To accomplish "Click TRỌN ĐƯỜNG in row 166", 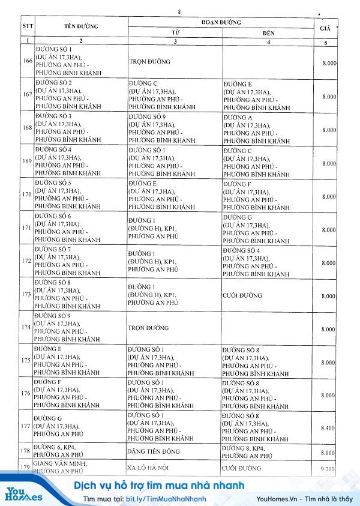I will tap(149, 62).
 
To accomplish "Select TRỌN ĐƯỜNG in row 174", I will tap(149, 328).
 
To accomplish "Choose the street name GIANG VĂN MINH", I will tap(61, 465).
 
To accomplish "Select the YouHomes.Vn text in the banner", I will tap(277, 499).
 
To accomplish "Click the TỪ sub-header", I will tap(175, 32).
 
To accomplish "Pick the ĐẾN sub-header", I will tap(268, 32).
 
